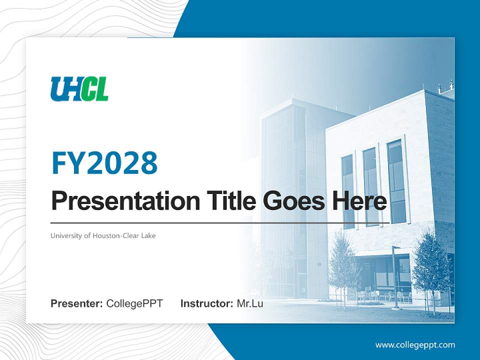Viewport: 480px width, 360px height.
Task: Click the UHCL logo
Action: point(79,89)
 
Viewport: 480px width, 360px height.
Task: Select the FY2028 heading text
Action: point(104,163)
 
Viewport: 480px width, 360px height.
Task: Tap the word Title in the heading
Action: point(226,201)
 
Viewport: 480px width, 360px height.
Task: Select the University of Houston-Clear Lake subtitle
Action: point(103,235)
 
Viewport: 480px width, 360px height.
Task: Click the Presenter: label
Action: point(77,303)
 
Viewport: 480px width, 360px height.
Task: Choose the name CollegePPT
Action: point(134,303)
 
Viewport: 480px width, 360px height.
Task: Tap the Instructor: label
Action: point(206,303)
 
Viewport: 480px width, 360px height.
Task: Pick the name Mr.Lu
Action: point(250,303)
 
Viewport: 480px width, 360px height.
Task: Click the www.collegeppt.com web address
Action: point(415,344)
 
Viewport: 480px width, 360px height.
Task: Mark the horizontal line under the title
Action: point(220,223)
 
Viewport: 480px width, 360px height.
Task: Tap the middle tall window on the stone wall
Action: point(370,186)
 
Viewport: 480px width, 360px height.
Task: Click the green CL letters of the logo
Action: point(94,89)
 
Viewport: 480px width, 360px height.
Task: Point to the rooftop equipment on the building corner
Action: point(445,87)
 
